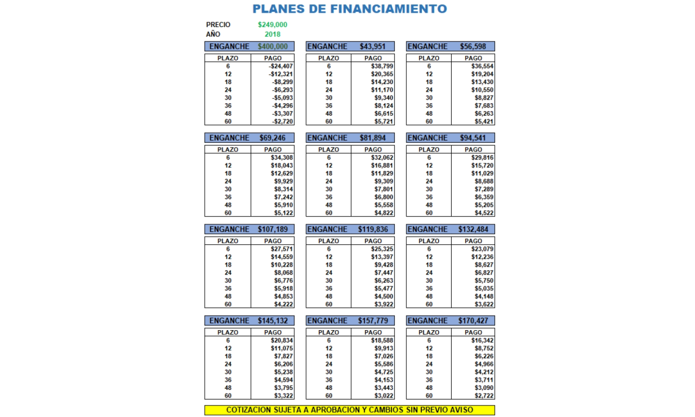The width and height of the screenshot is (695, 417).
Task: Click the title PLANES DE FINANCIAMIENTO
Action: pos(350,9)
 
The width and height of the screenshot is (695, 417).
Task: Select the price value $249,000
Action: pos(273,24)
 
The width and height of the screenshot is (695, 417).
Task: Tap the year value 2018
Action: pos(273,34)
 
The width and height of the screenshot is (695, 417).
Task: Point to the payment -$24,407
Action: pos(281,66)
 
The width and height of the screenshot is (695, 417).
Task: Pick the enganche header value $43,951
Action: pos(372,47)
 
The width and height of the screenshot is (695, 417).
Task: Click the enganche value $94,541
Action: pos(473,138)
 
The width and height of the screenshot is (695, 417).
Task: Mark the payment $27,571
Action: pos(282,249)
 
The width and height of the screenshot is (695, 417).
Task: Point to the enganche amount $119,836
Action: pos(372,229)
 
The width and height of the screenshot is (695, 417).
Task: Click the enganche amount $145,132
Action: pos(273,321)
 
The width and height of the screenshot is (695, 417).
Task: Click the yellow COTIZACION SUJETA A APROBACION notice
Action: pos(350,410)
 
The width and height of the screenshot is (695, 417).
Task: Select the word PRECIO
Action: pos(218,24)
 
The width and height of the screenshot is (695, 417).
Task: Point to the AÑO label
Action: pos(213,34)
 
